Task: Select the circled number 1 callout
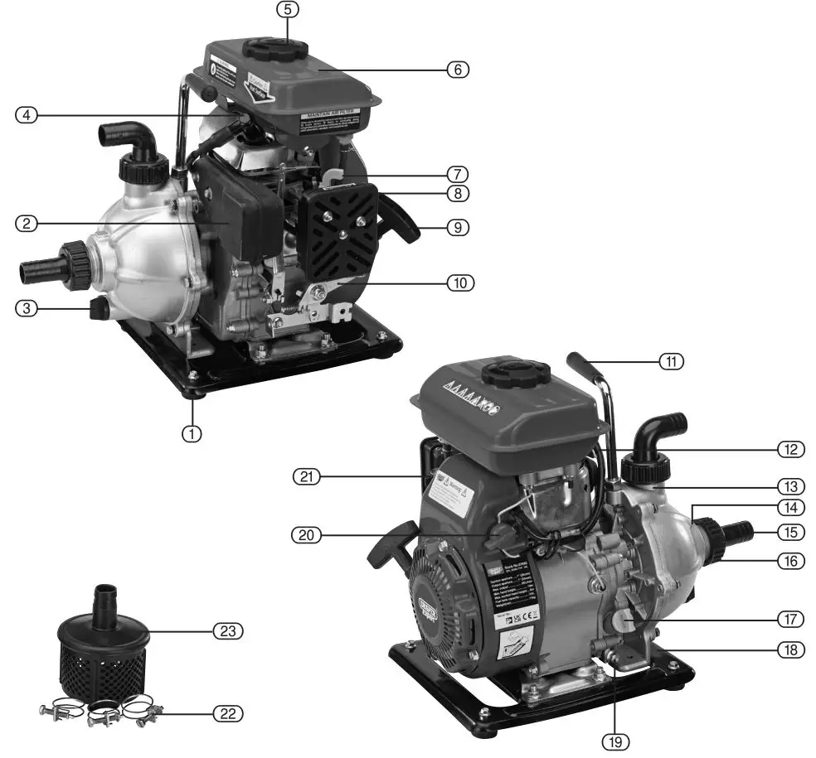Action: coord(192,432)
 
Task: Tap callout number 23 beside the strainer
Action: coord(226,631)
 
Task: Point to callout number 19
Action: coord(614,741)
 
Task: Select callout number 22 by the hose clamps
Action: coord(226,712)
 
